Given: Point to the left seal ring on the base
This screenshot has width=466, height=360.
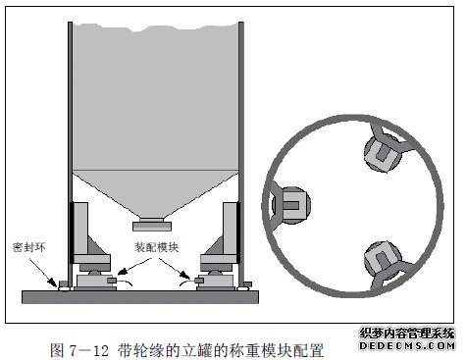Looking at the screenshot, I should point(63,286).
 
